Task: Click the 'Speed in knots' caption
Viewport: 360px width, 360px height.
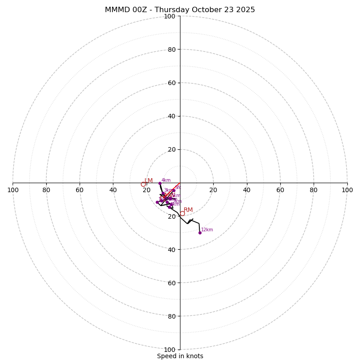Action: tap(180, 356)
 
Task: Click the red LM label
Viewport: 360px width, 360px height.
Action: tap(148, 181)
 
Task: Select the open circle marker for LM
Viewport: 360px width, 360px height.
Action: tap(143, 184)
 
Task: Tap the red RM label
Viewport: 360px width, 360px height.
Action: tap(188, 210)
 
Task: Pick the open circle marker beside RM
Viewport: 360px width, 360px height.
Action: tap(182, 213)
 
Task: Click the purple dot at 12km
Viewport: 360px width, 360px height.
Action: tap(200, 233)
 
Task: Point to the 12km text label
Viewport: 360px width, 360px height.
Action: tap(207, 230)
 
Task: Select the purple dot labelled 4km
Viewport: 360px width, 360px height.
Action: tap(160, 183)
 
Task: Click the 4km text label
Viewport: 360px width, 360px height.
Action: tap(166, 180)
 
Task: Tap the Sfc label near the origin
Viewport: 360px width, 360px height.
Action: tap(178, 187)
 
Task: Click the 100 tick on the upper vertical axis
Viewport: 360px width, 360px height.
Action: tap(170, 16)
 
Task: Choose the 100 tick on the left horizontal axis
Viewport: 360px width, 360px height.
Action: tap(13, 190)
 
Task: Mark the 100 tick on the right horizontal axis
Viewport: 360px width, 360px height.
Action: tap(347, 190)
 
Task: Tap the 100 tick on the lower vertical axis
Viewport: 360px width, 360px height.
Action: tap(170, 350)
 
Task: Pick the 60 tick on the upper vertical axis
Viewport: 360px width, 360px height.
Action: tap(171, 83)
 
